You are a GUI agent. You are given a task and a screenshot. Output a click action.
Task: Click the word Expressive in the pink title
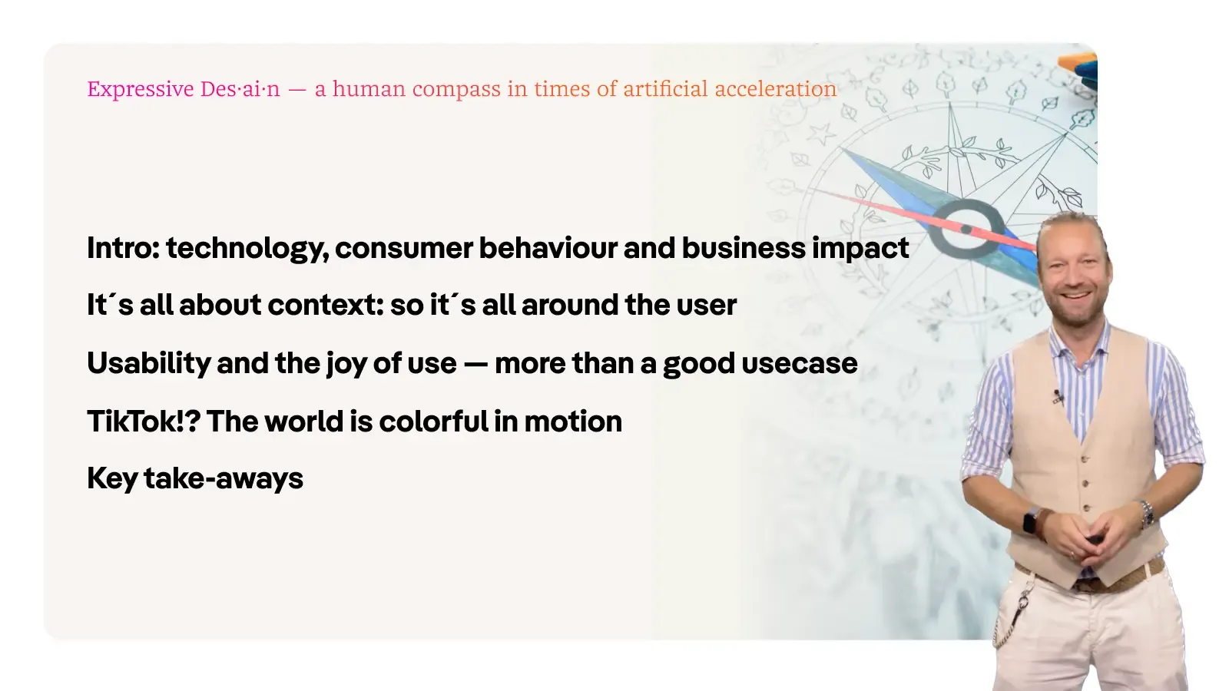[x=141, y=89]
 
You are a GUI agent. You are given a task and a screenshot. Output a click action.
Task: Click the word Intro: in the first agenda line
[x=123, y=247]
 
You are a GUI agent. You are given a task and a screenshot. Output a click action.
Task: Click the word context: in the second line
[x=326, y=304]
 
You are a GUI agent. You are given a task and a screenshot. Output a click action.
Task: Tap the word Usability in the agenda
[x=149, y=364]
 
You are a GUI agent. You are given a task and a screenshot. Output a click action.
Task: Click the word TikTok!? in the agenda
[x=144, y=422]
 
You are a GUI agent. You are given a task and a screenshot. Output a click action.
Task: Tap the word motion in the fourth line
[x=573, y=422]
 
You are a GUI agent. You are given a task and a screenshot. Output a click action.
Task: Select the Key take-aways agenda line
[x=195, y=479]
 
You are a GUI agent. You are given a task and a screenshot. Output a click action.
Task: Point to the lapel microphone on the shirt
[x=1058, y=396]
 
